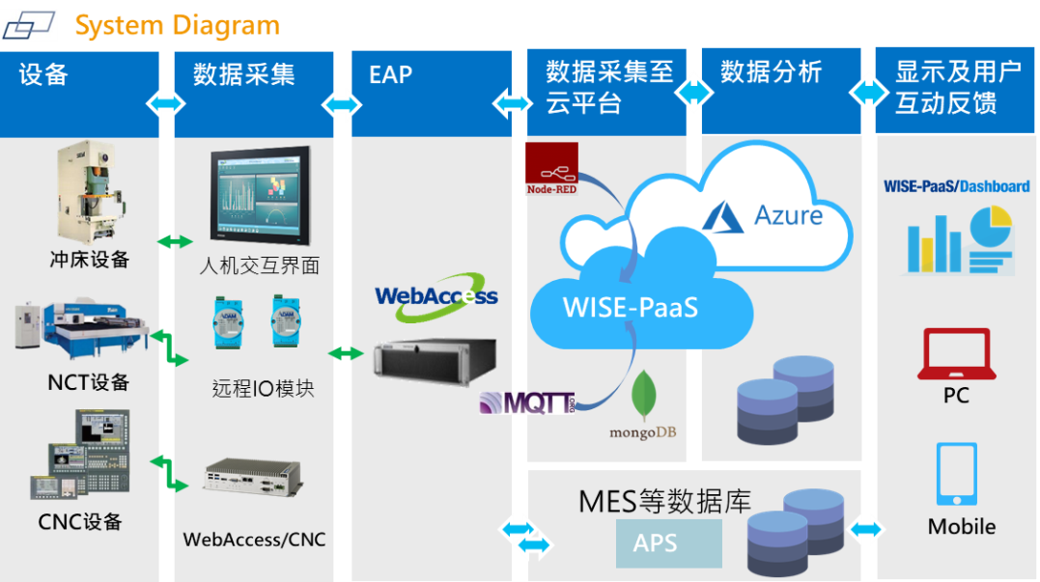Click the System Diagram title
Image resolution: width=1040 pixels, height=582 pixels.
click(x=177, y=26)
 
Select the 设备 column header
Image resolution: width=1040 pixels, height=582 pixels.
click(x=43, y=74)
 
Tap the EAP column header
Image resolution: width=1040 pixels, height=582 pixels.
click(x=390, y=74)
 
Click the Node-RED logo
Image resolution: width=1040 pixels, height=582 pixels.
click(x=551, y=169)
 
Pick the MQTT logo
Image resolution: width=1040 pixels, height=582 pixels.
click(x=527, y=402)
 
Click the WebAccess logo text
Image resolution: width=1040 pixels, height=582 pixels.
click(x=436, y=295)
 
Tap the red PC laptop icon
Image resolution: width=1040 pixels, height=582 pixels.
click(x=956, y=354)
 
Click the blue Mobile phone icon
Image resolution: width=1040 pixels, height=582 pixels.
click(x=956, y=474)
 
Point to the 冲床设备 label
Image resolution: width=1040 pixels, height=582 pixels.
click(x=89, y=260)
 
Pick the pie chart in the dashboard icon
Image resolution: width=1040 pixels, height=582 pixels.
click(x=989, y=227)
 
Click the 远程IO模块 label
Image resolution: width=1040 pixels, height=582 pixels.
click(x=263, y=388)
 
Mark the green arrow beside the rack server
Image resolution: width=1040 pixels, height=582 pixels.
click(x=347, y=354)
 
